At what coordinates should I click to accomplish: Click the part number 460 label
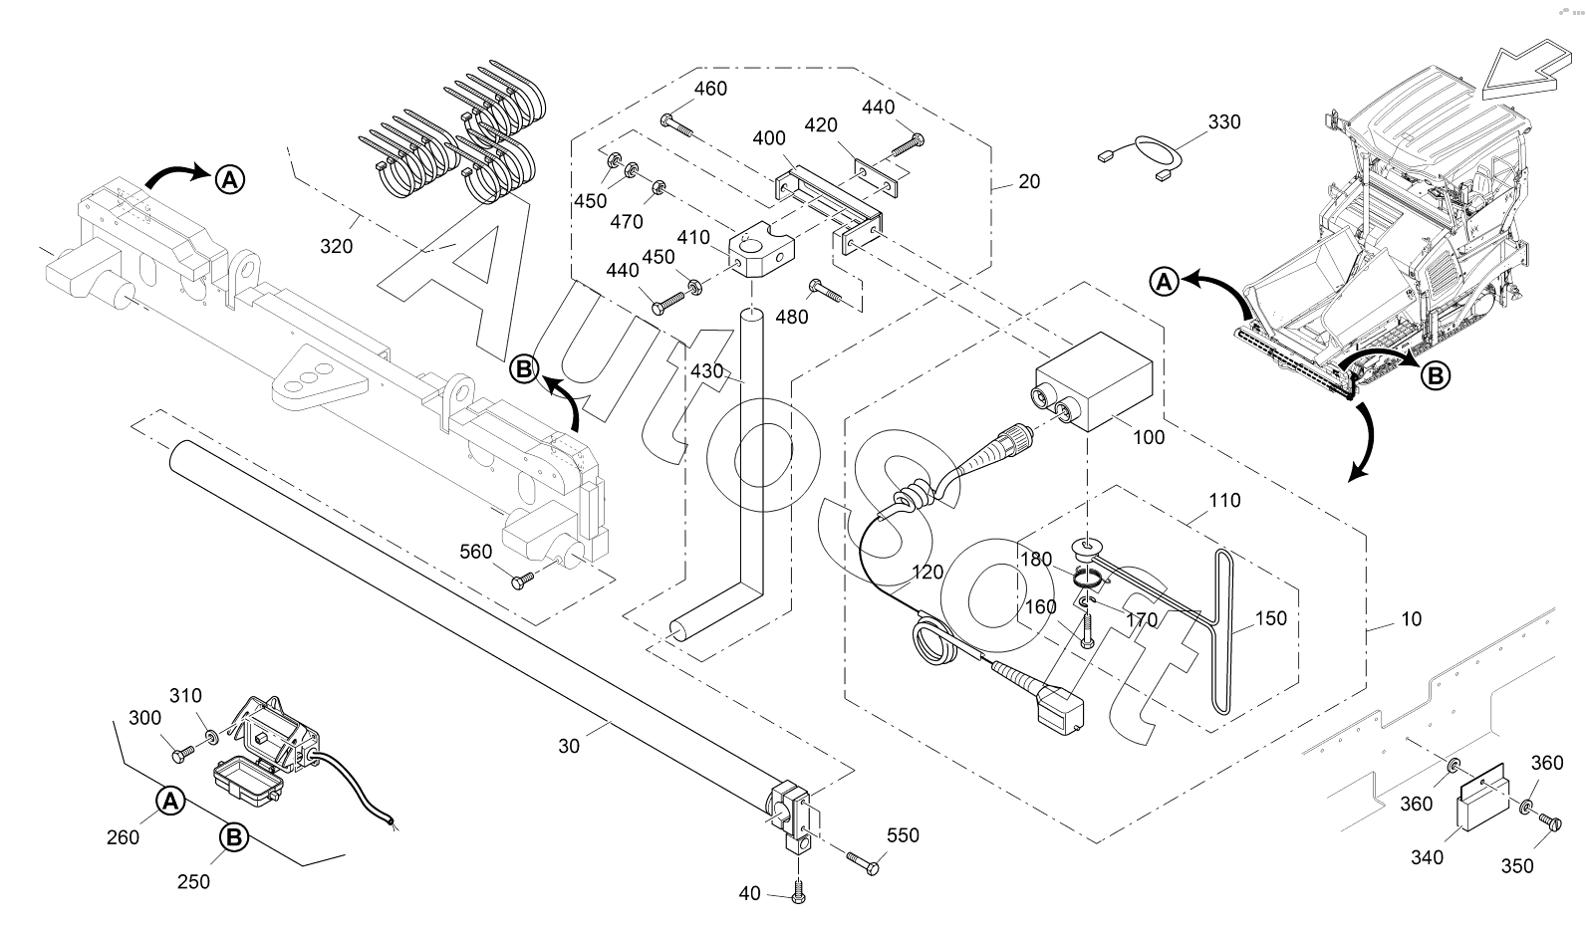[x=710, y=89]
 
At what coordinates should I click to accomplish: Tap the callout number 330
[x=1224, y=122]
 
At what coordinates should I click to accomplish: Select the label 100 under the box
[x=1149, y=437]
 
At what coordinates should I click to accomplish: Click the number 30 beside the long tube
[x=569, y=745]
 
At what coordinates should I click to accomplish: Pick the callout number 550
[x=903, y=835]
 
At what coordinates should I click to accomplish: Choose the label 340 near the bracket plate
[x=1427, y=856]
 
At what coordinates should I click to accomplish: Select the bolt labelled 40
[x=798, y=892]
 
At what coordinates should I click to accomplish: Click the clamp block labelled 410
[x=760, y=255]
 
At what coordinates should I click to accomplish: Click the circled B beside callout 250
[x=233, y=838]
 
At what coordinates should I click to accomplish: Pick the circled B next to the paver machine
[x=1435, y=375]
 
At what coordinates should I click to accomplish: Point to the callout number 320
[x=337, y=246]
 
